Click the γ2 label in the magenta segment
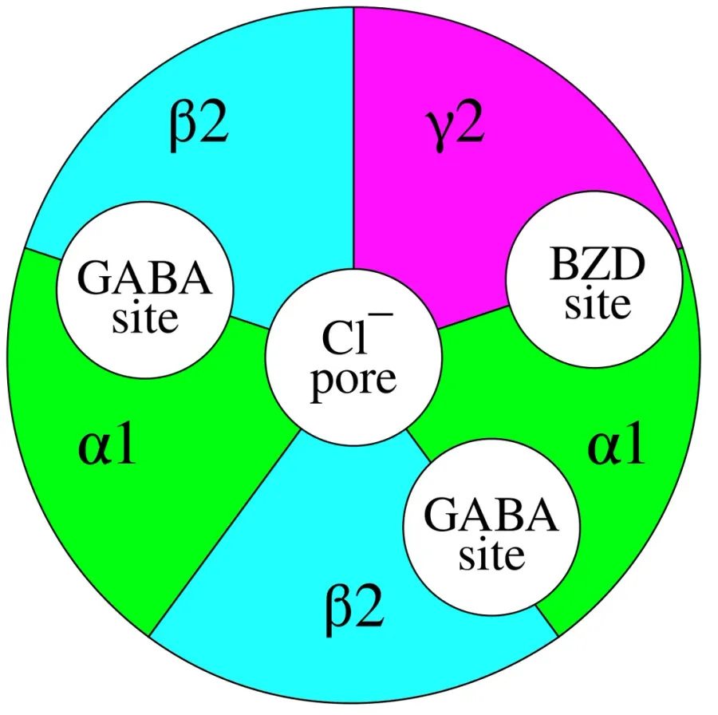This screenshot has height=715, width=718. tap(455, 128)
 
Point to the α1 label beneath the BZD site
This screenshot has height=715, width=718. tap(617, 444)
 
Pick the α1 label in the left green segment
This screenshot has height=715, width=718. tap(107, 444)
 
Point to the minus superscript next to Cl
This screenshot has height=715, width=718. tap(383, 314)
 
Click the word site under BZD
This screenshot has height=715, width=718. tap(598, 304)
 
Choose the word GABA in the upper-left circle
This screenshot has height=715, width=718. tap(144, 278)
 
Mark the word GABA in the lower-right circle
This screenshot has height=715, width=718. tap(491, 516)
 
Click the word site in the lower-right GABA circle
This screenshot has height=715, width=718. tap(491, 555)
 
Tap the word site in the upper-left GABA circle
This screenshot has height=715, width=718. tap(145, 318)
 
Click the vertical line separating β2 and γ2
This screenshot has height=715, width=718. tap(353, 138)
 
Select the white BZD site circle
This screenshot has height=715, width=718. tap(594, 279)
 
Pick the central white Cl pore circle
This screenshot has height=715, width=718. tap(353, 357)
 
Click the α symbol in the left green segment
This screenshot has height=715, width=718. tap(93, 449)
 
